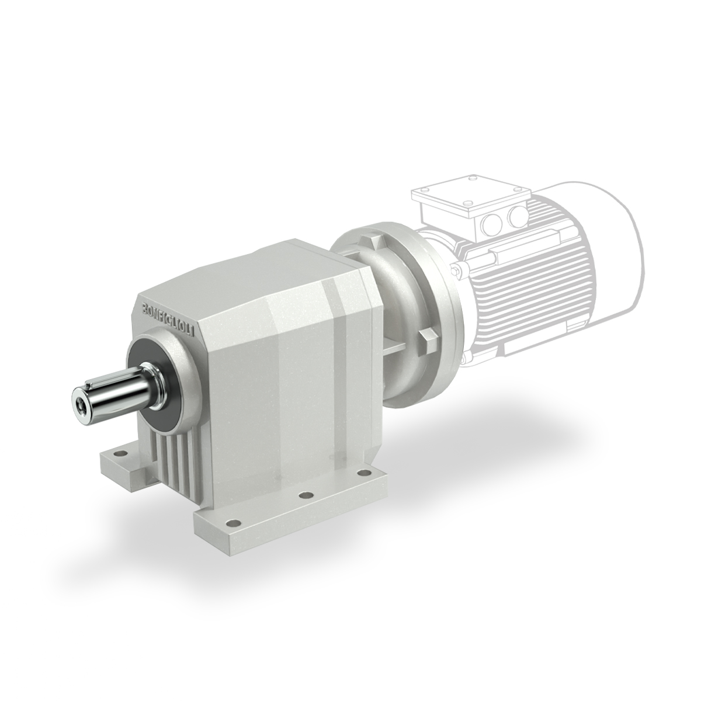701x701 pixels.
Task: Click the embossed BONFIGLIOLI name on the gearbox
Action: tap(170, 317)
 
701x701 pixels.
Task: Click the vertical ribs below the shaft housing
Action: tap(174, 457)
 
